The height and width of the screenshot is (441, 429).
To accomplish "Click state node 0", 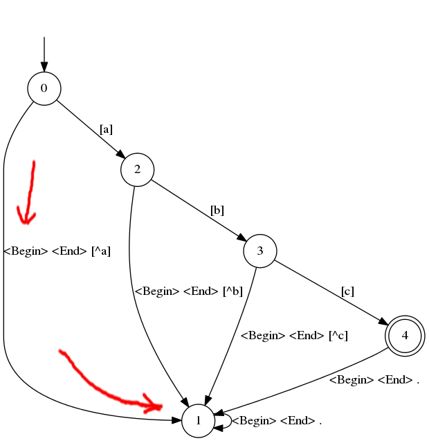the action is (x=44, y=89).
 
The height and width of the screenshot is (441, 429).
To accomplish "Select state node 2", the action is (x=138, y=170).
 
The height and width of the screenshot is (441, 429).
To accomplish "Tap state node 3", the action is (x=260, y=251).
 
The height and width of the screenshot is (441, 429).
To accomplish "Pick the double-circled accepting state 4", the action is (x=405, y=336).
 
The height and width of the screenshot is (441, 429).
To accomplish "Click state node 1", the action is (x=198, y=421).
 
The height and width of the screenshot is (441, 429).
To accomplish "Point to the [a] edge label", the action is (x=106, y=129).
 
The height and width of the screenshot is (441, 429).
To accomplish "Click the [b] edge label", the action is (x=217, y=210).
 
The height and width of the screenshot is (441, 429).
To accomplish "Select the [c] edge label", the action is (x=347, y=291).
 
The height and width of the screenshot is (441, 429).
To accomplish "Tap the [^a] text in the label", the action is (x=101, y=251).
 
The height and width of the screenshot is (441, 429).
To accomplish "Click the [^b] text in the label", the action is (x=232, y=291).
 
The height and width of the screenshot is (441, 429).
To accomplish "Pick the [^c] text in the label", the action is (x=338, y=336).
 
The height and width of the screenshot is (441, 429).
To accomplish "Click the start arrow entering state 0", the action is (x=44, y=54).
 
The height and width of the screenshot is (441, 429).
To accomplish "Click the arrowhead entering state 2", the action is (x=121, y=154).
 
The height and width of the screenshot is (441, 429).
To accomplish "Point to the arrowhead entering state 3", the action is (x=242, y=238).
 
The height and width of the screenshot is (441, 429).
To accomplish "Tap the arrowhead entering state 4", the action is (x=383, y=322).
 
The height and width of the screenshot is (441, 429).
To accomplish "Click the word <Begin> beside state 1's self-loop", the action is (x=254, y=421).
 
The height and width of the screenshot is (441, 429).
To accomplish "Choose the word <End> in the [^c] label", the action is (x=307, y=336).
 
